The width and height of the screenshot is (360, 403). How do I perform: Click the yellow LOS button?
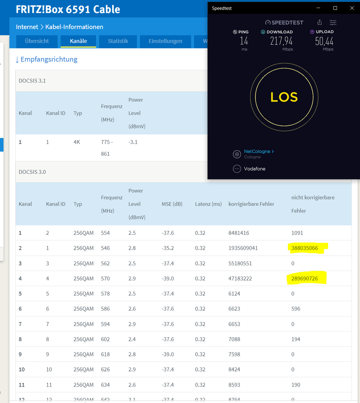coord(284,97)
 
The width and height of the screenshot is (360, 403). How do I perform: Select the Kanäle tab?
coord(78,41)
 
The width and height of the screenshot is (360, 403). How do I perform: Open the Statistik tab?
coord(118,41)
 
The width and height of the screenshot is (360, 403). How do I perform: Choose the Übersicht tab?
coord(37,41)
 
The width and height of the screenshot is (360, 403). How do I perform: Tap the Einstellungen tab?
coord(165,41)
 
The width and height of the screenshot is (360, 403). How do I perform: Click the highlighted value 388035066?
coord(304,248)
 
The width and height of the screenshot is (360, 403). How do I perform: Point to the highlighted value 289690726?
coord(304,278)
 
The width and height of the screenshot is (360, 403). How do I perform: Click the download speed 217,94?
coord(281,41)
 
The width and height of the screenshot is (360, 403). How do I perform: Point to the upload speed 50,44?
coord(324,41)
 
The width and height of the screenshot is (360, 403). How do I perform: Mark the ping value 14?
coord(243,41)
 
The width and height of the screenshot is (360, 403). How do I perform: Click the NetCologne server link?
coord(259,151)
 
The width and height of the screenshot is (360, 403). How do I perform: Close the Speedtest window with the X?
coord(352,8)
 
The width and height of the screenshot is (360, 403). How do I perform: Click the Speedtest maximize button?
coord(335,8)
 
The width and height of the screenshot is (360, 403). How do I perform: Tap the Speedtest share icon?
coord(319,22)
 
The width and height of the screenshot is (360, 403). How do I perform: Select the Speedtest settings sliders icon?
coord(333,23)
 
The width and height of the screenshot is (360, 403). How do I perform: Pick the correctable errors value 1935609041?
coord(243,248)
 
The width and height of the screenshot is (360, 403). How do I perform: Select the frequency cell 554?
coord(105,233)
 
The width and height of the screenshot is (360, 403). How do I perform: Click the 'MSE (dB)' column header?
coord(172,204)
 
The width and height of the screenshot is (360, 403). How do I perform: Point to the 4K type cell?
coord(77,142)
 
